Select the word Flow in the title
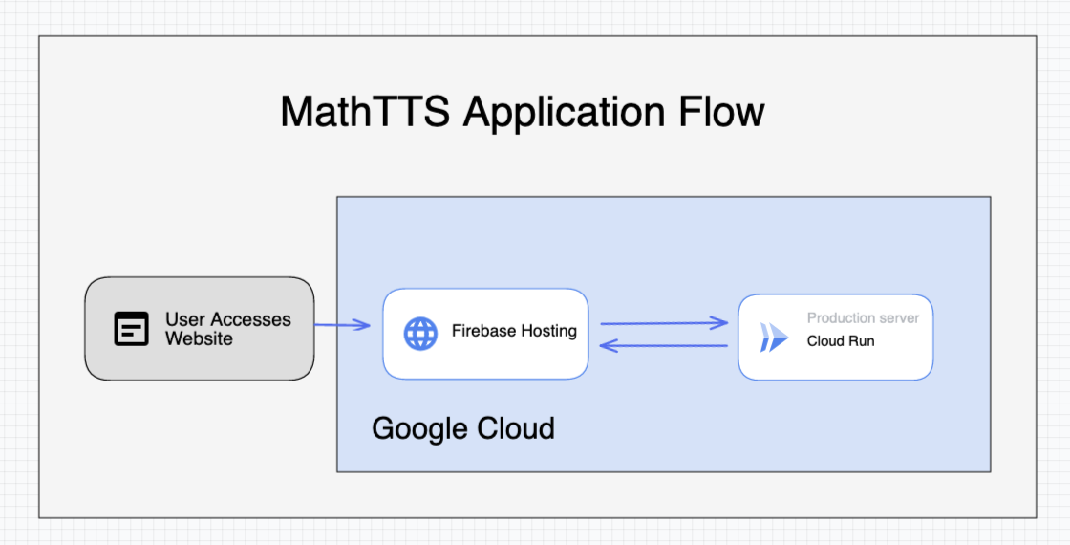pyautogui.click(x=722, y=112)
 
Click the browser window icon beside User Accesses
pyautogui.click(x=132, y=329)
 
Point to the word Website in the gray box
pyautogui.click(x=199, y=338)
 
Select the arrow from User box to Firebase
pyautogui.click(x=343, y=326)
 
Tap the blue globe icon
pyautogui.click(x=420, y=333)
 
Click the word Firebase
pyautogui.click(x=483, y=331)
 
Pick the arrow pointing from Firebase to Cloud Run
pyautogui.click(x=664, y=323)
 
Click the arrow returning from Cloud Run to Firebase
pyautogui.click(x=664, y=345)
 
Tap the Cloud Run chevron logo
pyautogui.click(x=774, y=337)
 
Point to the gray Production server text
pyautogui.click(x=863, y=317)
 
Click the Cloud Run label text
pyautogui.click(x=840, y=340)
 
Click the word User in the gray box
pyautogui.click(x=185, y=319)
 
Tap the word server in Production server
pyautogui.click(x=898, y=317)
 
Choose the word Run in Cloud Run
pyautogui.click(x=861, y=340)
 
